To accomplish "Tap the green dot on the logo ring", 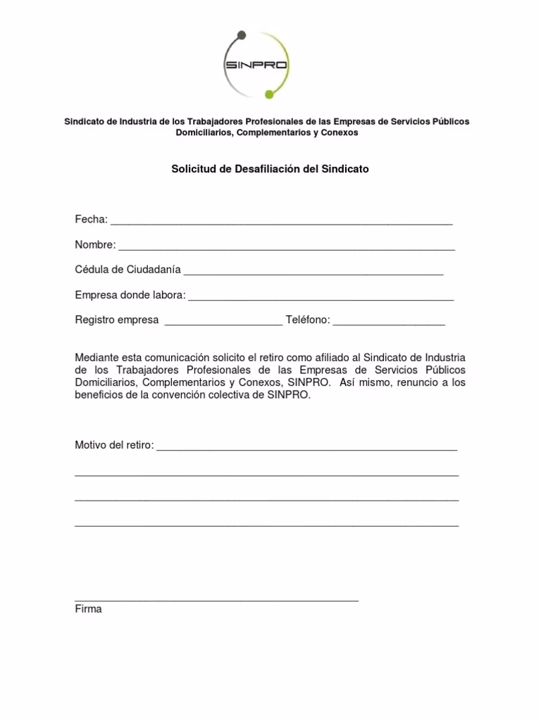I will click(268, 94).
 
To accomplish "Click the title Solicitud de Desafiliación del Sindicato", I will click(270, 170).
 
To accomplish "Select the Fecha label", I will click(91, 220).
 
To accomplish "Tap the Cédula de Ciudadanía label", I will click(128, 270).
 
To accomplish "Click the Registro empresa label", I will click(117, 320).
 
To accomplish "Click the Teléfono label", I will click(308, 320).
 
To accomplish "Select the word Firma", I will click(88, 609).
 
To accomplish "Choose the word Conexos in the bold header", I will click(336, 132).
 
